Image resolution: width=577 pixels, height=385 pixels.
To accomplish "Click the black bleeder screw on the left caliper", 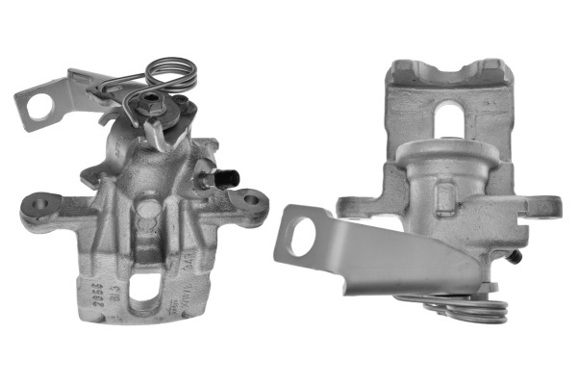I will [228, 177].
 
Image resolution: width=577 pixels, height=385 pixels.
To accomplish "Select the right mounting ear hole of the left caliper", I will [252, 200].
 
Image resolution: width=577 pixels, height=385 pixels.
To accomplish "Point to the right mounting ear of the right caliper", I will [544, 206].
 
